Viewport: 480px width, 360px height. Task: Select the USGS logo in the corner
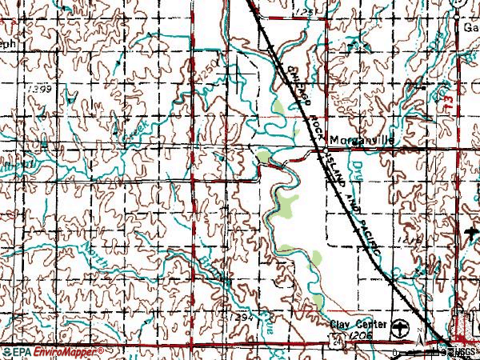click(462, 351)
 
